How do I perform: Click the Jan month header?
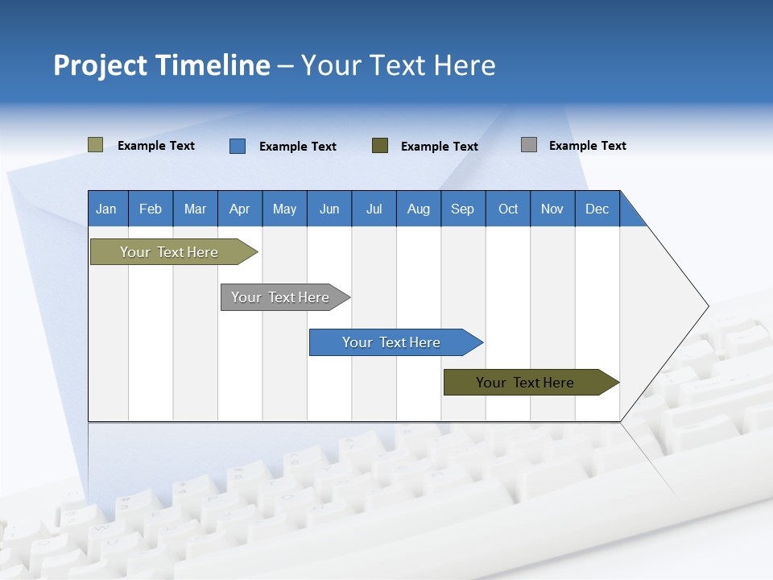coord(107,209)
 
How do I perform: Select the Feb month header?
coord(151,209)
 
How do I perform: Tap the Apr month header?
coord(240,209)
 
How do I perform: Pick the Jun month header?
coord(329,209)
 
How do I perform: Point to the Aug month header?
coord(419,209)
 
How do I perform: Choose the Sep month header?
coord(463,209)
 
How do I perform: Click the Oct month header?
coord(508,209)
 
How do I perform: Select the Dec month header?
coord(597,209)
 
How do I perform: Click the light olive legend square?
coord(96,145)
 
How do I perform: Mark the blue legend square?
coord(238,146)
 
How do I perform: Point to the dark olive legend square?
coord(380,146)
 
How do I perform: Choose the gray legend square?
coord(529,145)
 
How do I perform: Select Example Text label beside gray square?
coord(587,145)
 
